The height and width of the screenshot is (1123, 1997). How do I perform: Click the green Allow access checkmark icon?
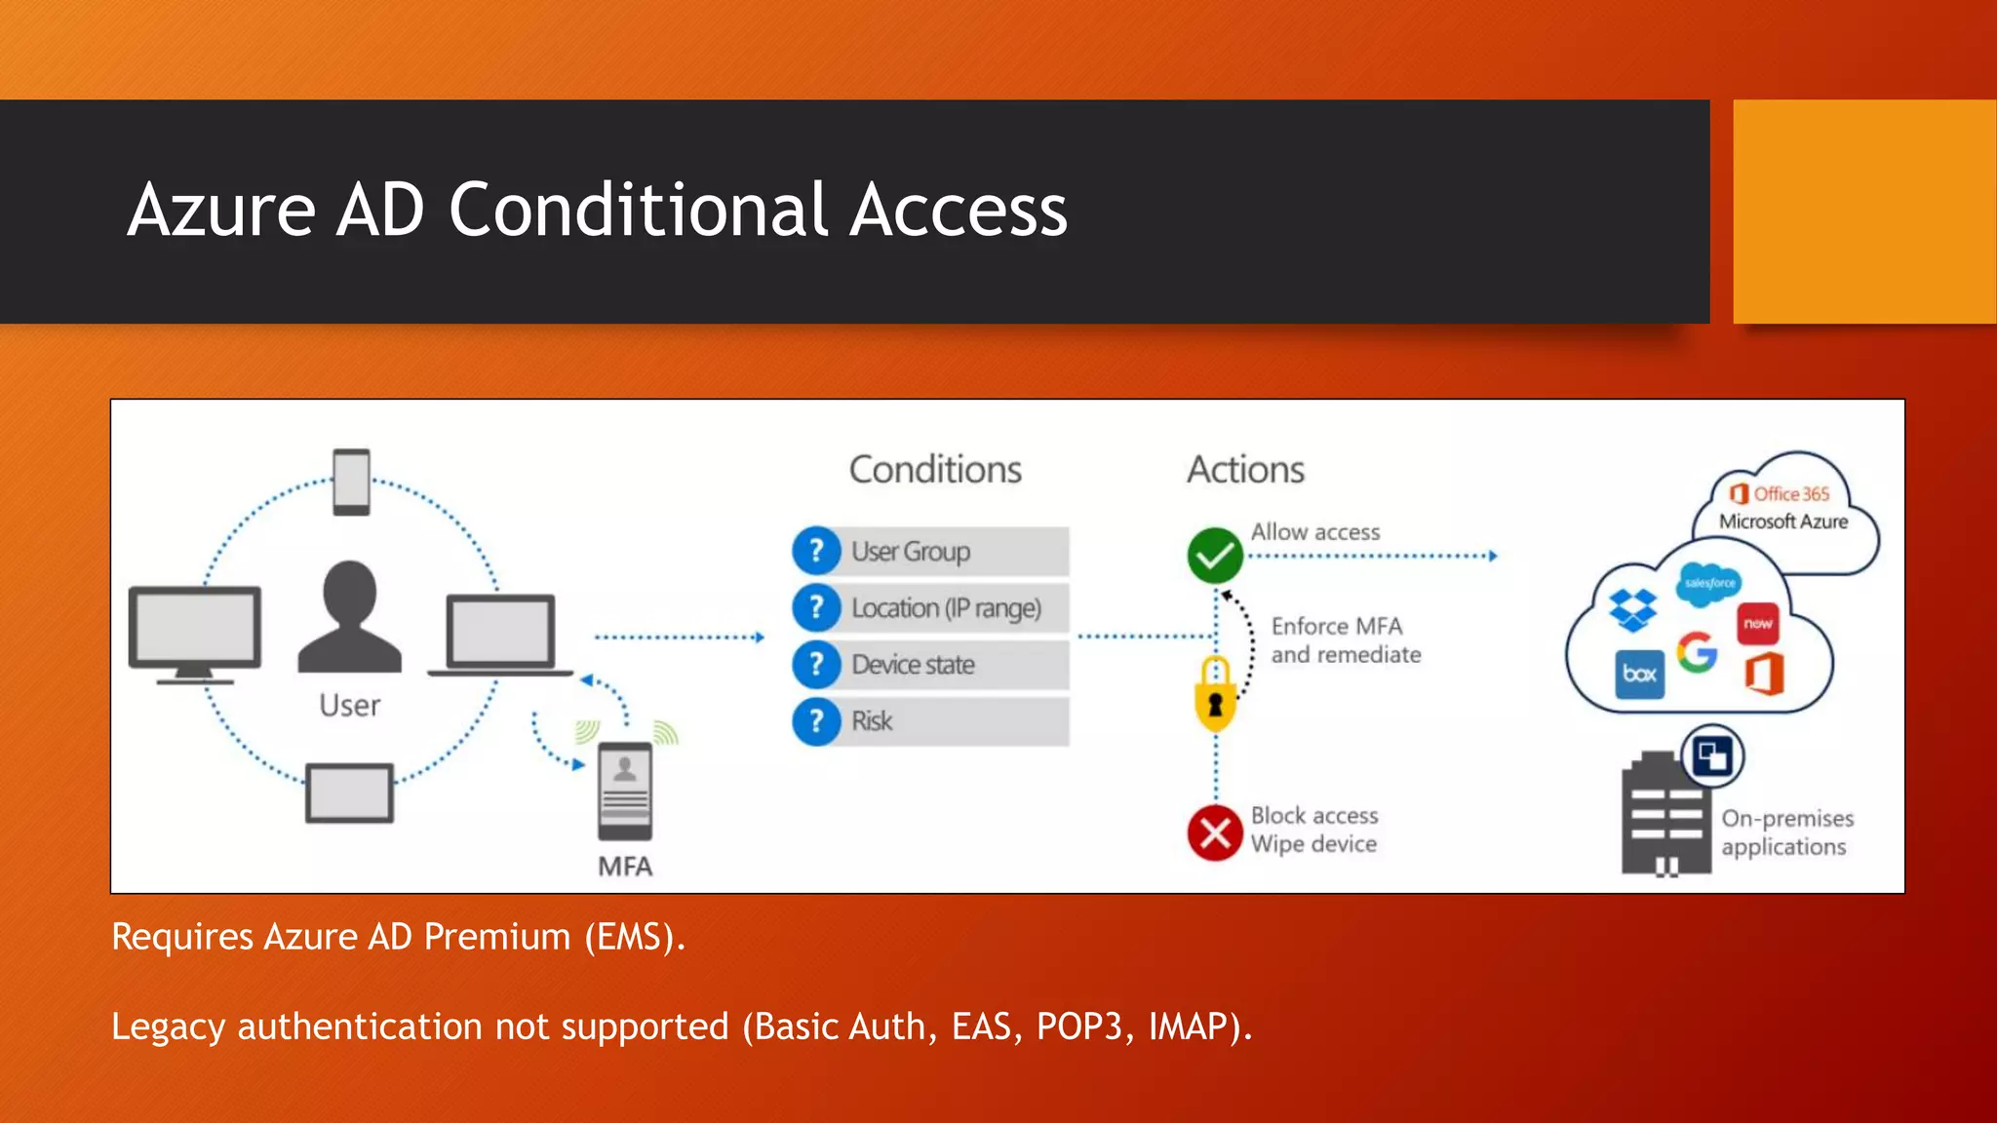pos(1214,556)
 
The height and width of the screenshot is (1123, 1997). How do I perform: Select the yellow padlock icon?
pos(1215,694)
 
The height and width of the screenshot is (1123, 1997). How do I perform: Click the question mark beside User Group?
pos(816,551)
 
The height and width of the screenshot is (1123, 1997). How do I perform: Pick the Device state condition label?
pos(913,665)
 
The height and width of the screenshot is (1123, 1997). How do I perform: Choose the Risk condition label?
pos(872,721)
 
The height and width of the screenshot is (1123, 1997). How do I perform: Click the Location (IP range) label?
pos(946,608)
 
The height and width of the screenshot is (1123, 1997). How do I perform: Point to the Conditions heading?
pos(935,470)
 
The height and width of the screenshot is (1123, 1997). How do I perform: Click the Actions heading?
pos(1245,470)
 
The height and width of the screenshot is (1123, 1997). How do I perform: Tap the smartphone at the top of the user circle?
pos(351,482)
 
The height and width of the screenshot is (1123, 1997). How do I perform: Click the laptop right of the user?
pos(500,634)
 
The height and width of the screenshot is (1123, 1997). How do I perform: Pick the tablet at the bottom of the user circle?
pos(349,793)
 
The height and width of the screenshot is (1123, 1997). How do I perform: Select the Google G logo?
pos(1697,652)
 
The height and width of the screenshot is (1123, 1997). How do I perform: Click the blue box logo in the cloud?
pos(1639,675)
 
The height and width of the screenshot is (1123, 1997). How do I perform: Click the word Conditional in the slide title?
pos(639,211)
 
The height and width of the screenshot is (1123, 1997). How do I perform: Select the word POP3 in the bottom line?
pos(1078,1026)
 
